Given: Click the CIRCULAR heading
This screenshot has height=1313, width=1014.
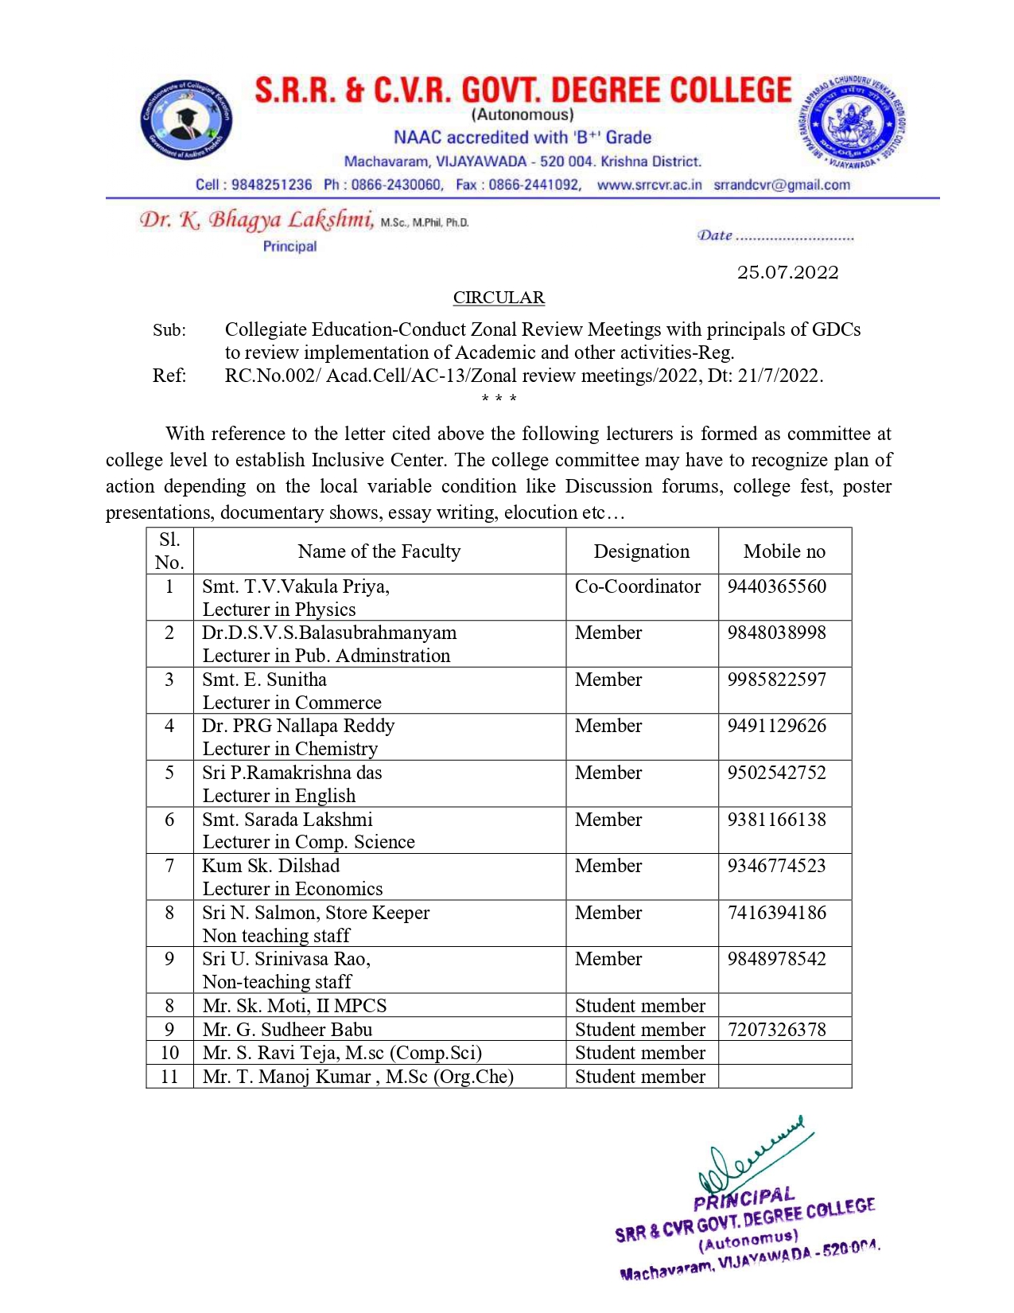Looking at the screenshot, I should [499, 298].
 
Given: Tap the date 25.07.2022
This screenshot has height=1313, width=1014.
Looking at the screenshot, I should [787, 272].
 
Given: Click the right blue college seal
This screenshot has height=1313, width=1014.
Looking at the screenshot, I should [851, 124].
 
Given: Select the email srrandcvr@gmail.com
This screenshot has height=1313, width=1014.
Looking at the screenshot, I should [782, 185].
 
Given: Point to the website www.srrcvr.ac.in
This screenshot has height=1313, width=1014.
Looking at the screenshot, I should [649, 185].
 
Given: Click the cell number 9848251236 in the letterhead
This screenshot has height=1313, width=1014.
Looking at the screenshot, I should [271, 185].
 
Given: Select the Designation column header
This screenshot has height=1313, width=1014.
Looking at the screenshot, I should [641, 551].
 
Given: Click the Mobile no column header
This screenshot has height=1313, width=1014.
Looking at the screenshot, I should [784, 551].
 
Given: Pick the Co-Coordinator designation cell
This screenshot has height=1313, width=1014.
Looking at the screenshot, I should [638, 586].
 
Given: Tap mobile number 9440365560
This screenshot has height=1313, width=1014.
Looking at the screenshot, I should [777, 586].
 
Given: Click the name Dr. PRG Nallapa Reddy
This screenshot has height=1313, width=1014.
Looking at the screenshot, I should [298, 726].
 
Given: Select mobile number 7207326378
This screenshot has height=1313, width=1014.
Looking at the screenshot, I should [777, 1030].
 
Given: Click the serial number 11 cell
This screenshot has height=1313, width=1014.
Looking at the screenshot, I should [169, 1077].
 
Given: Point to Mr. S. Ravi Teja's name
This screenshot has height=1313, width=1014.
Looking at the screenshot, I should [342, 1053].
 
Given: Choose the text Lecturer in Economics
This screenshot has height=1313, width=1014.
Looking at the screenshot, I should [293, 889].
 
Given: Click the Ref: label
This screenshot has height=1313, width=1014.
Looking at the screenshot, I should [169, 376].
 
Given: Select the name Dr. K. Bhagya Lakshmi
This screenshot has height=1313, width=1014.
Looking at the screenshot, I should [256, 220].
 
